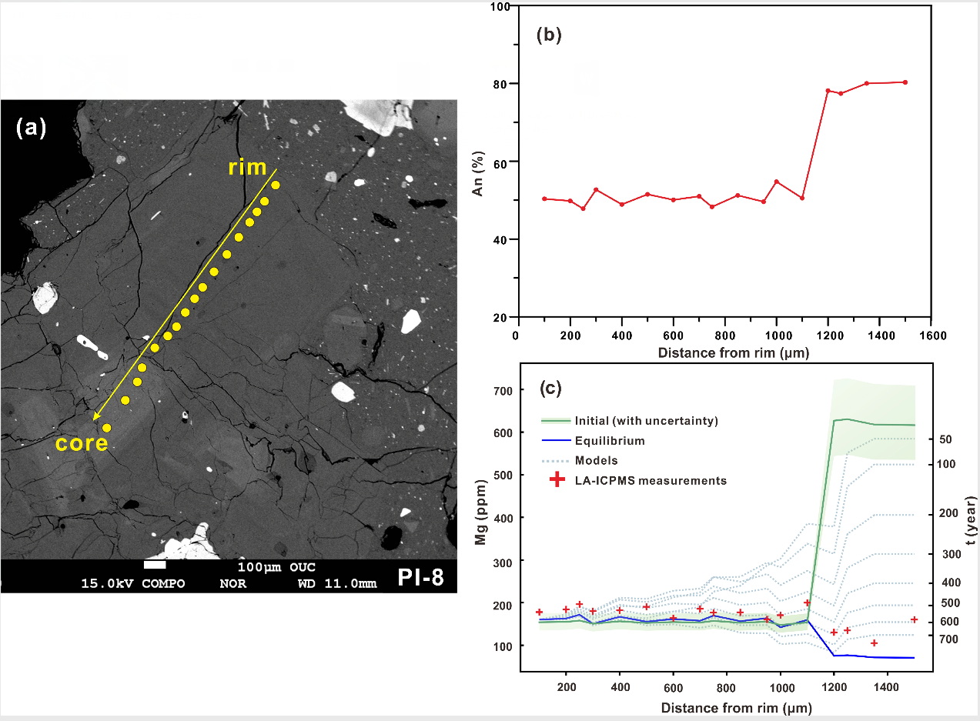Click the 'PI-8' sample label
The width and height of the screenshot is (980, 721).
pos(420,576)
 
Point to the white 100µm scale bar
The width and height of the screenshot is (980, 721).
pos(155,566)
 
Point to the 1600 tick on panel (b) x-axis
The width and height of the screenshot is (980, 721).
pos(931,335)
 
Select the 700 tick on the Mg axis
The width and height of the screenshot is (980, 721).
pos(503,391)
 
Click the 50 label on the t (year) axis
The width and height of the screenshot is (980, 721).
pos(946,439)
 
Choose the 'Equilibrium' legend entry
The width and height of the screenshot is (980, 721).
pos(609,441)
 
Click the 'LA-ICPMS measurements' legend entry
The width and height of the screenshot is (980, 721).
pos(650,481)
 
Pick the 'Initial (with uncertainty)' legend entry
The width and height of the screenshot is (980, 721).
pos(645,421)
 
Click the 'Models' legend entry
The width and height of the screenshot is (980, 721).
pos(596,461)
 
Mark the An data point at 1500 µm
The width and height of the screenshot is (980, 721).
pos(905,82)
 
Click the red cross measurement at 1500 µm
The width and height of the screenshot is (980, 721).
pos(915,619)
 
